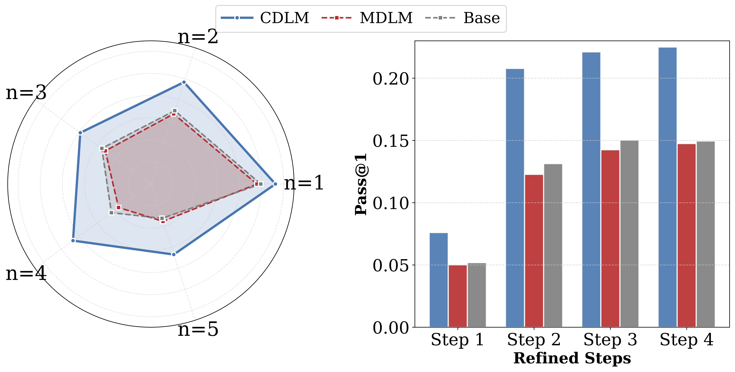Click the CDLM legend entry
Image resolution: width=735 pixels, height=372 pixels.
tap(265, 18)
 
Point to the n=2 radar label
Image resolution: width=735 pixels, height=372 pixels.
tap(198, 37)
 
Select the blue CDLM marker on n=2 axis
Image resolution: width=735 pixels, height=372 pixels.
tap(184, 83)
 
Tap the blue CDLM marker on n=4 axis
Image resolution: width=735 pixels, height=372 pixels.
tap(73, 241)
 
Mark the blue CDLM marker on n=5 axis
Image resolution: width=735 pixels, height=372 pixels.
tap(173, 254)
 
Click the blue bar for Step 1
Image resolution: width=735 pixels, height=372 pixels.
tap(439, 280)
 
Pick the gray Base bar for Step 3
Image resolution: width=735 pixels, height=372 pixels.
tap(629, 234)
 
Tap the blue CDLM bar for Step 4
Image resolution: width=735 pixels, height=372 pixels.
tap(667, 187)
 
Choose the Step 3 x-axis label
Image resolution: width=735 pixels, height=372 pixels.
tap(610, 340)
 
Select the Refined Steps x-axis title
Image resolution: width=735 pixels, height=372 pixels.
tap(572, 358)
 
